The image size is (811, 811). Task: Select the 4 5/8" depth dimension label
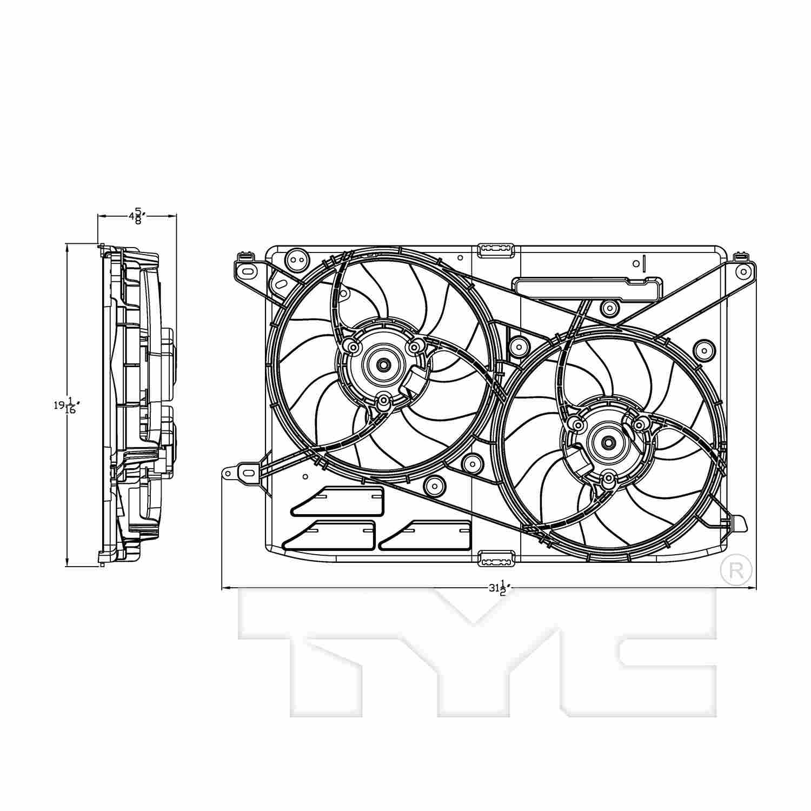tap(137, 216)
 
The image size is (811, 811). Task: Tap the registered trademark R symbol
tap(736, 570)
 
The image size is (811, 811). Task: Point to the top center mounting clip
tap(496, 249)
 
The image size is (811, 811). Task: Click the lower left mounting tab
tap(241, 474)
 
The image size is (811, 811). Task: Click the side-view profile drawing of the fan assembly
tap(138, 405)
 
